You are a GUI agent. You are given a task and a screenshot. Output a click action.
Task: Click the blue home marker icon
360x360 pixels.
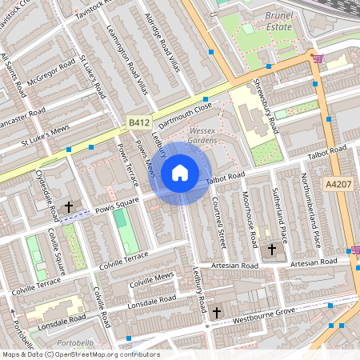tap(180, 173)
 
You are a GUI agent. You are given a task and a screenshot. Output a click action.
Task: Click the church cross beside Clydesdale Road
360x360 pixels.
tap(68, 207)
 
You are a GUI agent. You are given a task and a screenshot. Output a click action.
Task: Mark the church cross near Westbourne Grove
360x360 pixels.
tap(216, 313)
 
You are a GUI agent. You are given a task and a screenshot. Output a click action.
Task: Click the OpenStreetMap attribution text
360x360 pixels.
tap(81, 354)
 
